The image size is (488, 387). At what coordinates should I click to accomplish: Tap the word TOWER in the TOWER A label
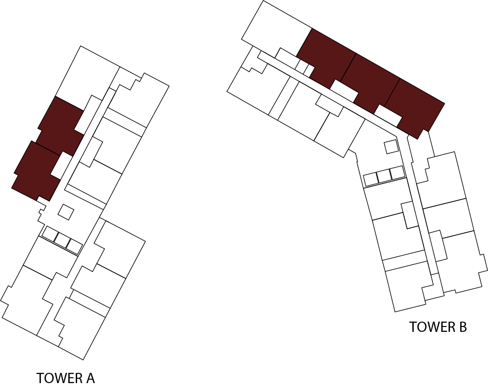coord(57,378)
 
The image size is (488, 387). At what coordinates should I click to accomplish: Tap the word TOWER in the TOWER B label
coord(430,327)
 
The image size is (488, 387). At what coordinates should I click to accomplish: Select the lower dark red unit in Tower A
coord(35,170)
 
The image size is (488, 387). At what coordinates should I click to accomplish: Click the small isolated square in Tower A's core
coord(66,212)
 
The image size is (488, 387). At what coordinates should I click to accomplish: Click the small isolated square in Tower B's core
coord(391,146)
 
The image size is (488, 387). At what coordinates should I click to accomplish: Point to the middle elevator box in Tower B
coord(385,176)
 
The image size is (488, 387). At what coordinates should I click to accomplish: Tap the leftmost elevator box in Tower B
coord(371,179)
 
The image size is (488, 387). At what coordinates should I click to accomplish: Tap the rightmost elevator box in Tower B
coord(398,172)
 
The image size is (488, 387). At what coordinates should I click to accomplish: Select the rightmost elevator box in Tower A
coord(74,245)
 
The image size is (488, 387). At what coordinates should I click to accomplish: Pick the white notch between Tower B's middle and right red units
coord(388,115)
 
